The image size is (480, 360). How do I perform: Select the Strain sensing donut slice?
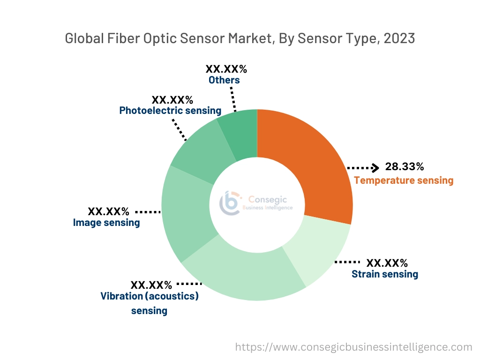(x=319, y=248)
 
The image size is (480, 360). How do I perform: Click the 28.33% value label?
(x=404, y=166)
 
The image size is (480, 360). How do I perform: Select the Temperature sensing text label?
(x=404, y=180)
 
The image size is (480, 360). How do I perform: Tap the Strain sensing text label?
(x=385, y=274)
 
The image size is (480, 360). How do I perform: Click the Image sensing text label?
(x=106, y=222)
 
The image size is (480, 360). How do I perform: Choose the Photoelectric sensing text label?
(x=170, y=111)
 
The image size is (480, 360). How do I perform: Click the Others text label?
(x=224, y=80)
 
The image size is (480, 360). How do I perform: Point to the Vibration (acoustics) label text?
(x=150, y=296)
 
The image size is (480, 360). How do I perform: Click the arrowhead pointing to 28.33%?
(x=375, y=167)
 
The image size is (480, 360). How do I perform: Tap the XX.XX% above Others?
(x=226, y=69)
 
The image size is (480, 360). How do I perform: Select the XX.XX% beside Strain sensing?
(x=387, y=262)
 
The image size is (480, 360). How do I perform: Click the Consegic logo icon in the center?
(x=231, y=202)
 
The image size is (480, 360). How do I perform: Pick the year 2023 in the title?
(x=399, y=38)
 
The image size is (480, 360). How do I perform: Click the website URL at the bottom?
(x=353, y=347)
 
